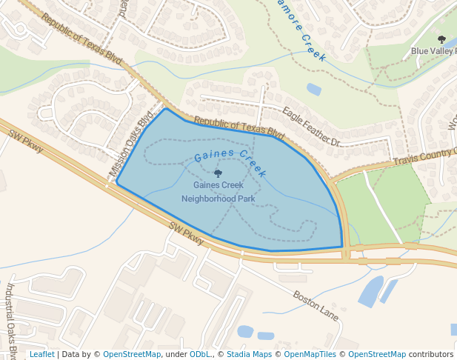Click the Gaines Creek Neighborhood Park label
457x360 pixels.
point(218,192)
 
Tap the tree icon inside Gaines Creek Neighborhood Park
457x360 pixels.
point(218,173)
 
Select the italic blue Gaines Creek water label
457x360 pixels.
point(230,161)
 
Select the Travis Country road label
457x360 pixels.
point(424,156)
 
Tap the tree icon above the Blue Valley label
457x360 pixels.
point(442,39)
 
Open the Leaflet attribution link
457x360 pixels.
point(41,354)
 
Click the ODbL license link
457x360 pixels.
point(200,354)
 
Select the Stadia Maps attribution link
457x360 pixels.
point(249,354)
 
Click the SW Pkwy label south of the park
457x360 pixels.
point(186,233)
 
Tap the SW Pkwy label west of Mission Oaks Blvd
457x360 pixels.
point(26,141)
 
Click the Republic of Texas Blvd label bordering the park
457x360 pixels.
point(239,127)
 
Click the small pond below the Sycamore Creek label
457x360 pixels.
point(314,90)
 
